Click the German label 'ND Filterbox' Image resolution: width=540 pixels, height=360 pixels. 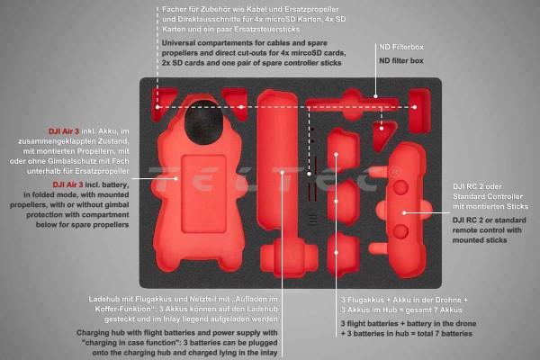[x=401, y=47]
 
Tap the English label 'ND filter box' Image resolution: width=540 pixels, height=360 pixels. [x=401, y=60]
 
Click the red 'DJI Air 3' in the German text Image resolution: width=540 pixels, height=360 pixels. [x=64, y=131]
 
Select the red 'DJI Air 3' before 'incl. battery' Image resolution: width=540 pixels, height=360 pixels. [x=67, y=184]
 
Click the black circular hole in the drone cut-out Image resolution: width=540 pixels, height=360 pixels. [x=203, y=122]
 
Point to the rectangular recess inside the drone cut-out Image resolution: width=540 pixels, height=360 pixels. [x=203, y=194]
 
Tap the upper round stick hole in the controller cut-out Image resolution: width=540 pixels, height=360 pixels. [x=400, y=188]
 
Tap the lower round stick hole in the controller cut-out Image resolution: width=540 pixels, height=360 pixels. [x=400, y=232]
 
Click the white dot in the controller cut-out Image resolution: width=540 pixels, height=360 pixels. [x=404, y=213]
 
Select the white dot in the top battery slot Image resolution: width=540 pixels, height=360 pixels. [x=336, y=154]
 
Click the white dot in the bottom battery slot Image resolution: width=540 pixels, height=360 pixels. [x=336, y=253]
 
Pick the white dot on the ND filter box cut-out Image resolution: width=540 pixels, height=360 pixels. [x=375, y=96]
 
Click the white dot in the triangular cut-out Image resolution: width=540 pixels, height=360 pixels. [x=382, y=129]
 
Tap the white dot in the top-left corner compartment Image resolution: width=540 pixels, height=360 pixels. [x=157, y=107]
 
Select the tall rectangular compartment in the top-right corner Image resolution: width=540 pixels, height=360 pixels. [x=419, y=111]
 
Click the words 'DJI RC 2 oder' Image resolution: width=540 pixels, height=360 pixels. [x=477, y=186]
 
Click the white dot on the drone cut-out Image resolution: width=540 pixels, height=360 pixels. [x=175, y=178]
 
